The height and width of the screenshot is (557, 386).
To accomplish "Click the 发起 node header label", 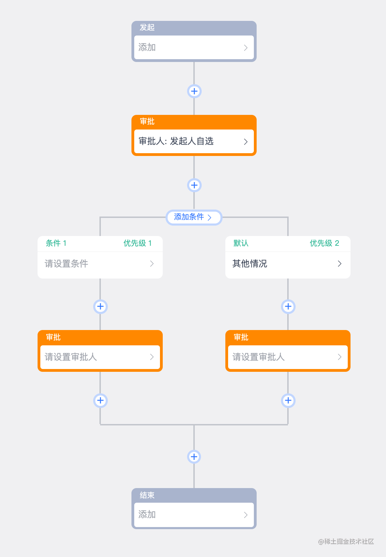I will pyautogui.click(x=147, y=28).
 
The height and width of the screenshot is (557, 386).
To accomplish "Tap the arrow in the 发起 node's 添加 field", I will pyautogui.click(x=246, y=48).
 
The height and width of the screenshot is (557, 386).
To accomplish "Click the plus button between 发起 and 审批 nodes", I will pyautogui.click(x=194, y=91).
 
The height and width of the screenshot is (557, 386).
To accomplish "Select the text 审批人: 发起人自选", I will pyautogui.click(x=176, y=141).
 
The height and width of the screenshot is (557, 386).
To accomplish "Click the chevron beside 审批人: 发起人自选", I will pyautogui.click(x=246, y=142).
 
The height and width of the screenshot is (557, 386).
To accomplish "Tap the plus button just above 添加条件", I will pyautogui.click(x=194, y=185).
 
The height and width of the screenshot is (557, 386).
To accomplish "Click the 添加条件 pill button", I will pyautogui.click(x=194, y=217).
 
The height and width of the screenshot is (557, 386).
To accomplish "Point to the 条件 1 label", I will pyautogui.click(x=56, y=243).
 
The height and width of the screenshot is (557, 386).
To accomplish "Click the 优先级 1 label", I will pyautogui.click(x=138, y=243).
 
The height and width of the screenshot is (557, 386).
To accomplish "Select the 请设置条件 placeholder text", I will pyautogui.click(x=66, y=264).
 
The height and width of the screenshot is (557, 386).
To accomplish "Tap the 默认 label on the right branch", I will pyautogui.click(x=241, y=243).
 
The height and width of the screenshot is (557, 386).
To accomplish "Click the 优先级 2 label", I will pyautogui.click(x=324, y=243).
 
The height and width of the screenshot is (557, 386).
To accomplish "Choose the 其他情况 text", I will pyautogui.click(x=250, y=264).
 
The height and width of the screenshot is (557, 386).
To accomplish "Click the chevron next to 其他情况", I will pyautogui.click(x=339, y=264).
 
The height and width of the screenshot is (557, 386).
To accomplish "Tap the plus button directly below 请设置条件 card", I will pyautogui.click(x=100, y=307).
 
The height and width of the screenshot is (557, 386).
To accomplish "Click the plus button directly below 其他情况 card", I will pyautogui.click(x=288, y=307).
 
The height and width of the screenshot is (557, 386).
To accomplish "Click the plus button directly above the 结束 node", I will pyautogui.click(x=194, y=457).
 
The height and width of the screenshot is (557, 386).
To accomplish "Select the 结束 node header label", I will pyautogui.click(x=147, y=495).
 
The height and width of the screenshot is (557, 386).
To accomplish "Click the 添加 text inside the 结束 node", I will pyautogui.click(x=147, y=515).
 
